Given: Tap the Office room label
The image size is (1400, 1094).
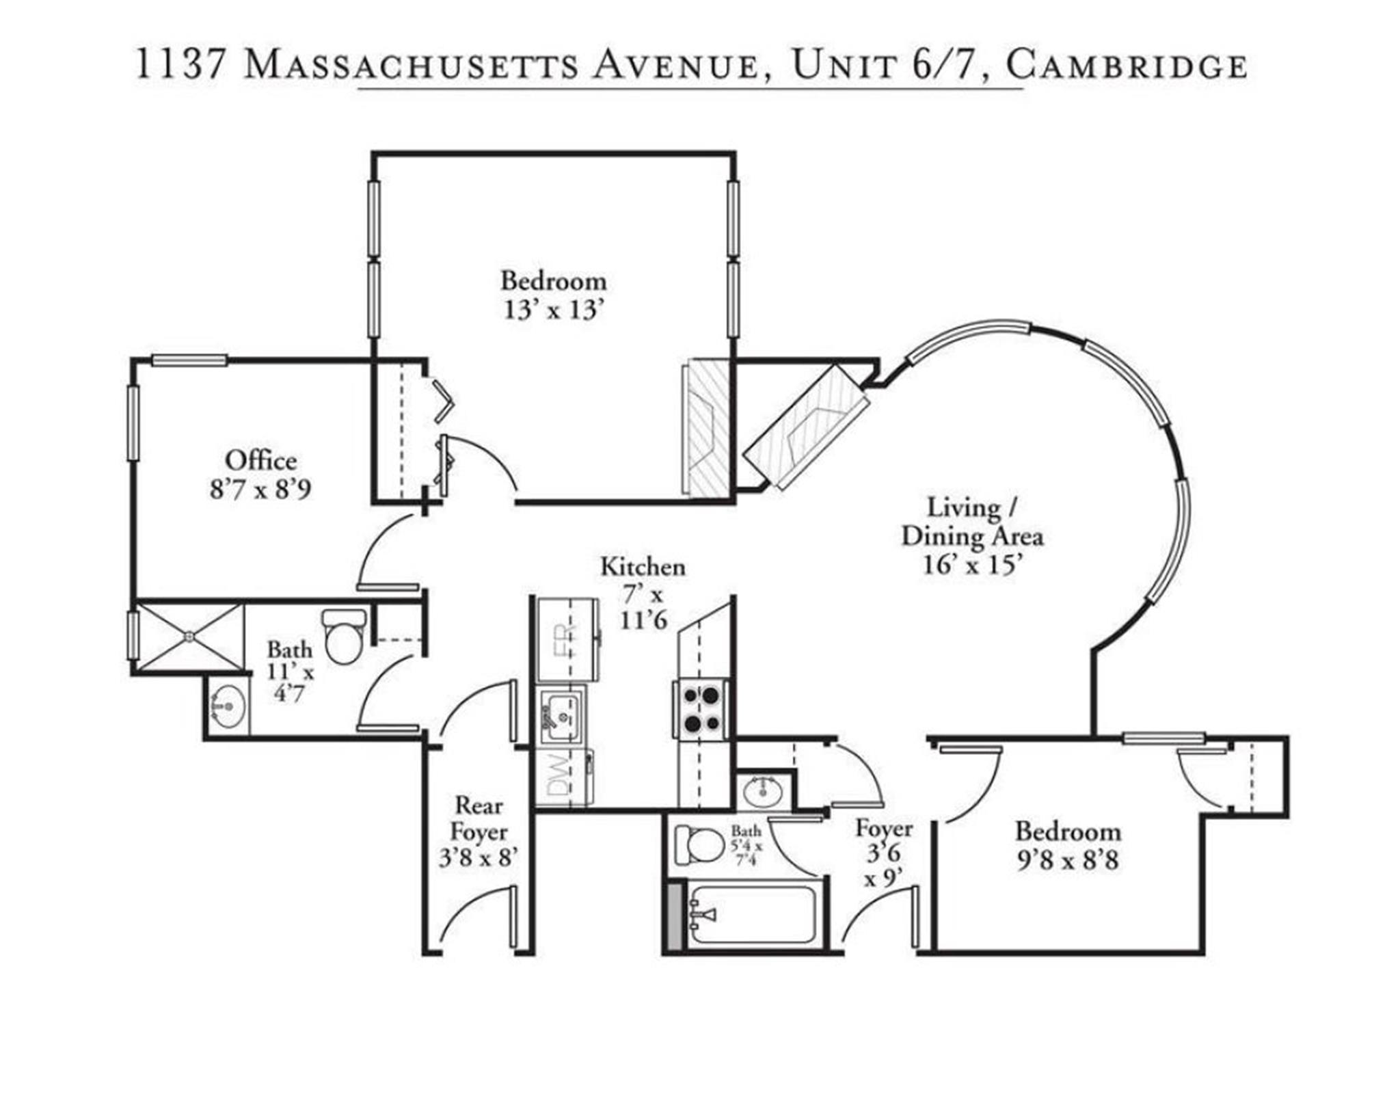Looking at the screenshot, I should pos(260,460).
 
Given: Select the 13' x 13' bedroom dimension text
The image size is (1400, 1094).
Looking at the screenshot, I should pos(554,310).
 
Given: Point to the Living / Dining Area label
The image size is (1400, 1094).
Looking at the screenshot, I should pos(971,522).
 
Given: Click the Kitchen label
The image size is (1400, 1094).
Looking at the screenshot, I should pos(643,567).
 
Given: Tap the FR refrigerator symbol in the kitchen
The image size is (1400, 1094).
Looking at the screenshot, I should pos(567,640).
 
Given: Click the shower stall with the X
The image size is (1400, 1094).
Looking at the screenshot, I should pos(189,637).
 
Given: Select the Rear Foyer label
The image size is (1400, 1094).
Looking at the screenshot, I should pos(479,819).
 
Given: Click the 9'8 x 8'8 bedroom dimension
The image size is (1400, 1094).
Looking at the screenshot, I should pos(1068,860).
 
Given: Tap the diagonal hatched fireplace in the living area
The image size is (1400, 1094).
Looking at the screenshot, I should pos(807,427).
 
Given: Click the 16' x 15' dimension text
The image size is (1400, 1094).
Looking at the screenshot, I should pos(973,565).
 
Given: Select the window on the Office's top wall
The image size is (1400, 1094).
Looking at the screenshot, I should pos(189,360).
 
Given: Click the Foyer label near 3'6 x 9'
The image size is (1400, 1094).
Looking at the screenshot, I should pos(883,829).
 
